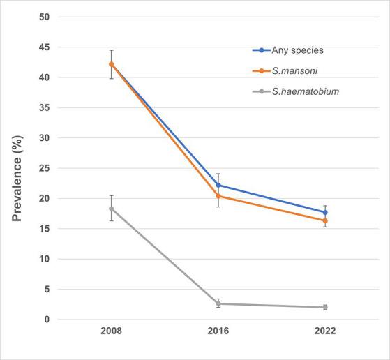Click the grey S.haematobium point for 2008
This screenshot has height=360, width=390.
(111, 209)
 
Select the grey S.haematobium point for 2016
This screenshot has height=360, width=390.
(218, 303)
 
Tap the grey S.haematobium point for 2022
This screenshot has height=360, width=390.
(324, 307)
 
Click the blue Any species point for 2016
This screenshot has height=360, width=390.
(218, 185)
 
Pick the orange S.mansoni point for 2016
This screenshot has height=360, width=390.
(218, 196)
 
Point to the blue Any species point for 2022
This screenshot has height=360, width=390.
(324, 212)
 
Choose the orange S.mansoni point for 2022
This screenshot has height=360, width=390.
(324, 220)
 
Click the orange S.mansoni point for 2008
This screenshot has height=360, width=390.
(111, 64)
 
